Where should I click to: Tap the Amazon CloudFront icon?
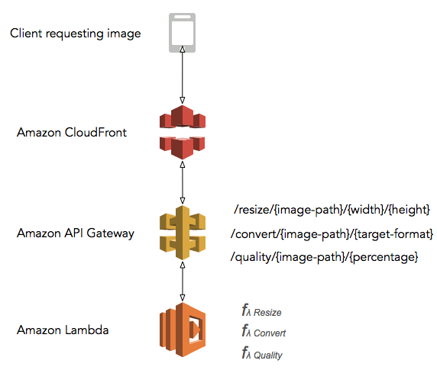(x=182, y=132)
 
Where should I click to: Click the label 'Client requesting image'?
(x=76, y=34)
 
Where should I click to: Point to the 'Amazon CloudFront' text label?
(x=72, y=133)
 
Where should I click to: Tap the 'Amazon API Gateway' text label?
(x=76, y=233)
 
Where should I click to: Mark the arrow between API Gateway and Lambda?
(x=182, y=282)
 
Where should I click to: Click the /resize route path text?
(x=332, y=208)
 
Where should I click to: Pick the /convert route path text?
(x=332, y=233)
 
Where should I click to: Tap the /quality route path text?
(x=324, y=258)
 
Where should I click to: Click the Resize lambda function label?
(x=261, y=311)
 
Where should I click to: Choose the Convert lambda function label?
(x=264, y=333)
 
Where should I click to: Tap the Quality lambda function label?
(x=262, y=354)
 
